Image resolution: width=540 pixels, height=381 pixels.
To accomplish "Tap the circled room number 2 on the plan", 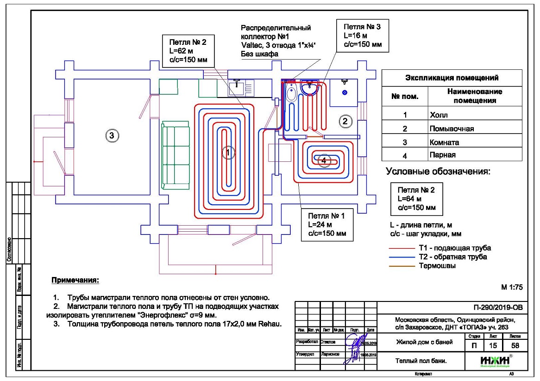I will (x=344, y=121).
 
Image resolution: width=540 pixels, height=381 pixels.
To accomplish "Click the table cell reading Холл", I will (x=475, y=114).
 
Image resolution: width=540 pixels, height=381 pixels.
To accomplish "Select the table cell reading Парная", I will (x=475, y=155).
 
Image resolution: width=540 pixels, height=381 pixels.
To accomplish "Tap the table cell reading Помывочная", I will (x=475, y=129).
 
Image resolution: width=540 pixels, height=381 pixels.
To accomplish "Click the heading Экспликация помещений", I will (x=452, y=78).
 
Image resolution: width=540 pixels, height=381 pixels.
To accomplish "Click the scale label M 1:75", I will (x=512, y=287).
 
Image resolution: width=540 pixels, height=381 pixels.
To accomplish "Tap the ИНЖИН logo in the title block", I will (x=495, y=359).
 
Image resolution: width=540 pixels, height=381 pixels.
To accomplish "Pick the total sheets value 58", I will (x=514, y=345).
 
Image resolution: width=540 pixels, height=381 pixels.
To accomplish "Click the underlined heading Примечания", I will (x=75, y=281).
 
